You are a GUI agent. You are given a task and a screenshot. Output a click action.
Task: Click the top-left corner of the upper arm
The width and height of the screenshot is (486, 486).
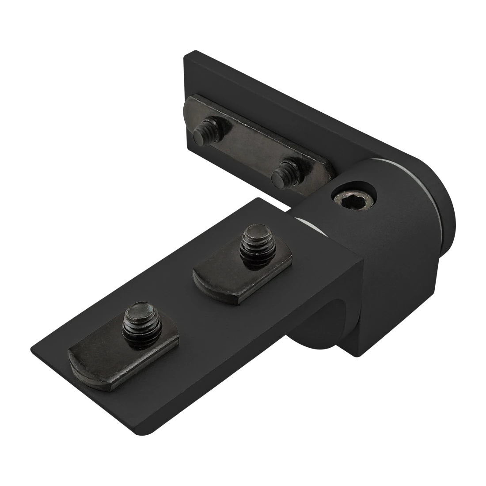(x=182, y=55)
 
